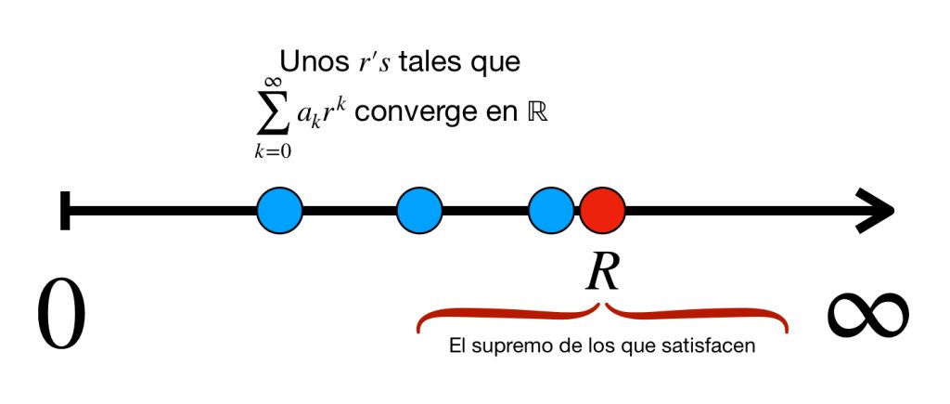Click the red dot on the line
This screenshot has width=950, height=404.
pyautogui.click(x=602, y=211)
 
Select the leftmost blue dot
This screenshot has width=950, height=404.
pyautogui.click(x=280, y=211)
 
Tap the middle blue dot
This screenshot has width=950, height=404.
pyautogui.click(x=419, y=211)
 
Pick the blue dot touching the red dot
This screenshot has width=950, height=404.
pyautogui.click(x=551, y=211)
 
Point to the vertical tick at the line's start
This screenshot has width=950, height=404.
pyautogui.click(x=65, y=211)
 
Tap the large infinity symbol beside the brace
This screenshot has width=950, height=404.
pyautogui.click(x=867, y=312)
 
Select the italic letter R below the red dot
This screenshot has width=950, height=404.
pyautogui.click(x=603, y=271)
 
